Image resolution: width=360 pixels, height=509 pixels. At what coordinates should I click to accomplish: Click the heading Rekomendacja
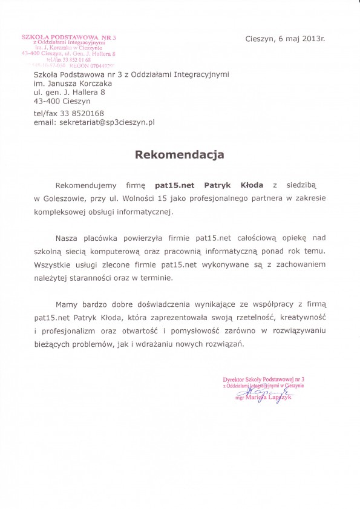tap(179, 154)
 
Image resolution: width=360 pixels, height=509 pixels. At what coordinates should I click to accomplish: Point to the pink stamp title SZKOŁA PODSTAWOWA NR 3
tap(68, 38)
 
